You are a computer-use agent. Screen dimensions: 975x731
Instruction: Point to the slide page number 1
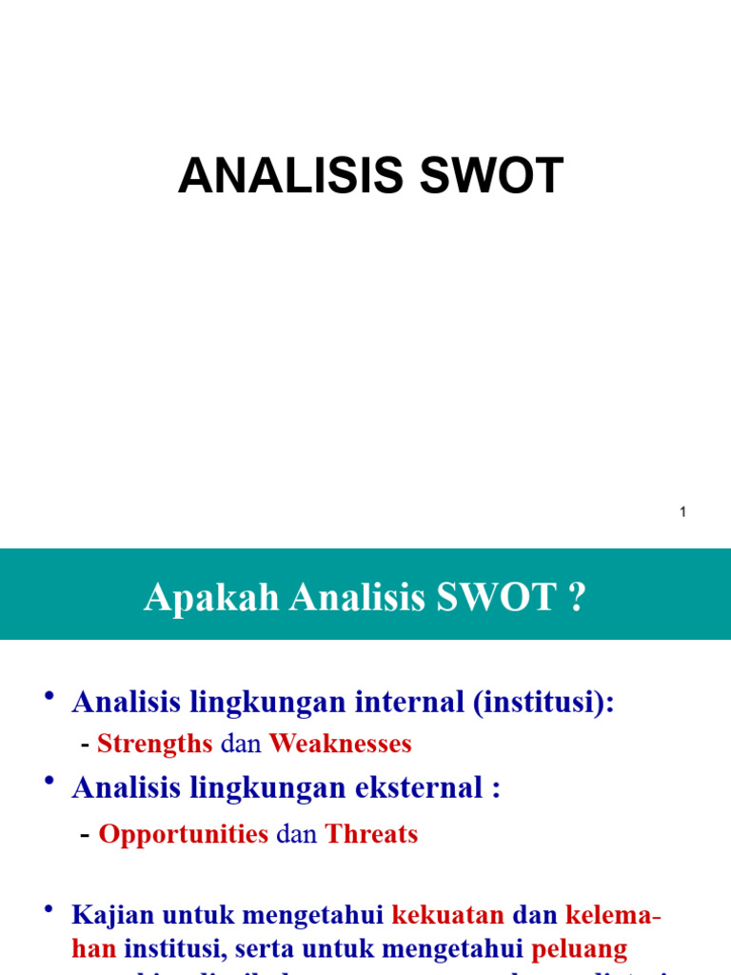(682, 512)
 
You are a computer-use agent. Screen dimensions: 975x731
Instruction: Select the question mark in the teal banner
(577, 598)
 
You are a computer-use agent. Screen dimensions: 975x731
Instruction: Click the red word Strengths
(155, 744)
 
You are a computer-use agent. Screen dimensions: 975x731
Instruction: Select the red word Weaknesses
(340, 744)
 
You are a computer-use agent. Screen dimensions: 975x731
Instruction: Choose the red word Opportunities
(184, 834)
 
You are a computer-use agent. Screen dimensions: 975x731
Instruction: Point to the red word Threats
(371, 834)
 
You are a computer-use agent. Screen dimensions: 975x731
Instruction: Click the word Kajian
(113, 916)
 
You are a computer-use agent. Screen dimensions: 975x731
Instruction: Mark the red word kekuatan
(448, 916)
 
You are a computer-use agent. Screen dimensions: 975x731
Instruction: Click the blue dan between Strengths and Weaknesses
(241, 744)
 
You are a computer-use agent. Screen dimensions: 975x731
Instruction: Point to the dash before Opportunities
(86, 834)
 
